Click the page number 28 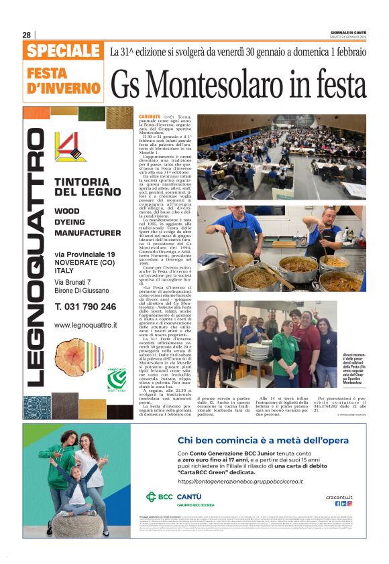(27, 35)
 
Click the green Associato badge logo (116, 380)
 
